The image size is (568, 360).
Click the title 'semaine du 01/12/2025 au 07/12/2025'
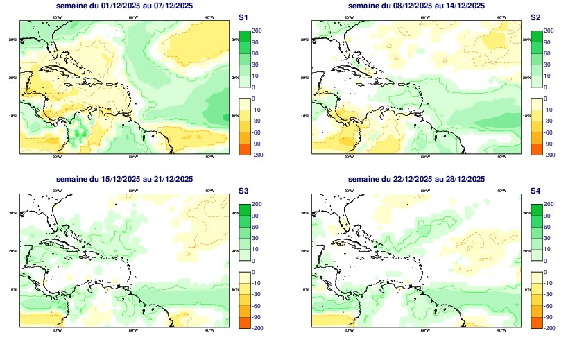124,6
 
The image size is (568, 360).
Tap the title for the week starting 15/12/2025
124,180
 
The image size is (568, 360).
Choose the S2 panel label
535,17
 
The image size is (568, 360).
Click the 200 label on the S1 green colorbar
256,31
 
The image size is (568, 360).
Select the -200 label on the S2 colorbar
549,155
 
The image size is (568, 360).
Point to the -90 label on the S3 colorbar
256,317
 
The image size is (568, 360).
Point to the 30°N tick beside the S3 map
13,213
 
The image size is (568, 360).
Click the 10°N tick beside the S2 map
305,116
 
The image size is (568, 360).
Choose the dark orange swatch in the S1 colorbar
243,149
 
